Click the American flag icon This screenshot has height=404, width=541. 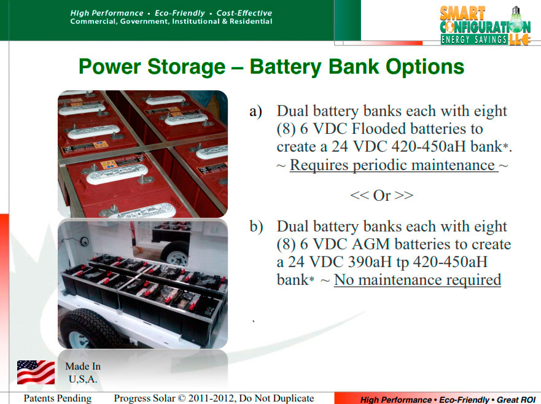(x=36, y=372)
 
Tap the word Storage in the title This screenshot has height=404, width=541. (x=186, y=66)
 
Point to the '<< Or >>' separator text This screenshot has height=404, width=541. (x=381, y=195)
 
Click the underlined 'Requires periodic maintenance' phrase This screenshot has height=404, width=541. (x=394, y=165)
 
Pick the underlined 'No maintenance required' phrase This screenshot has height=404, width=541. (x=418, y=279)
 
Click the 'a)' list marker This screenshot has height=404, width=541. (x=255, y=111)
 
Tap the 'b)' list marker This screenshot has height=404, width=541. (x=256, y=227)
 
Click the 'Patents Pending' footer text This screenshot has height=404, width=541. (x=58, y=398)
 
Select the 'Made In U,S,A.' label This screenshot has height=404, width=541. (x=83, y=373)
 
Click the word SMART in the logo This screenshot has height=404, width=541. (x=462, y=14)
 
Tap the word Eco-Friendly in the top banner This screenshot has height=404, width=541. (x=180, y=13)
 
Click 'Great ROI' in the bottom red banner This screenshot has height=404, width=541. (x=516, y=400)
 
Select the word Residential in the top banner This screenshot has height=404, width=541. (x=251, y=21)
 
